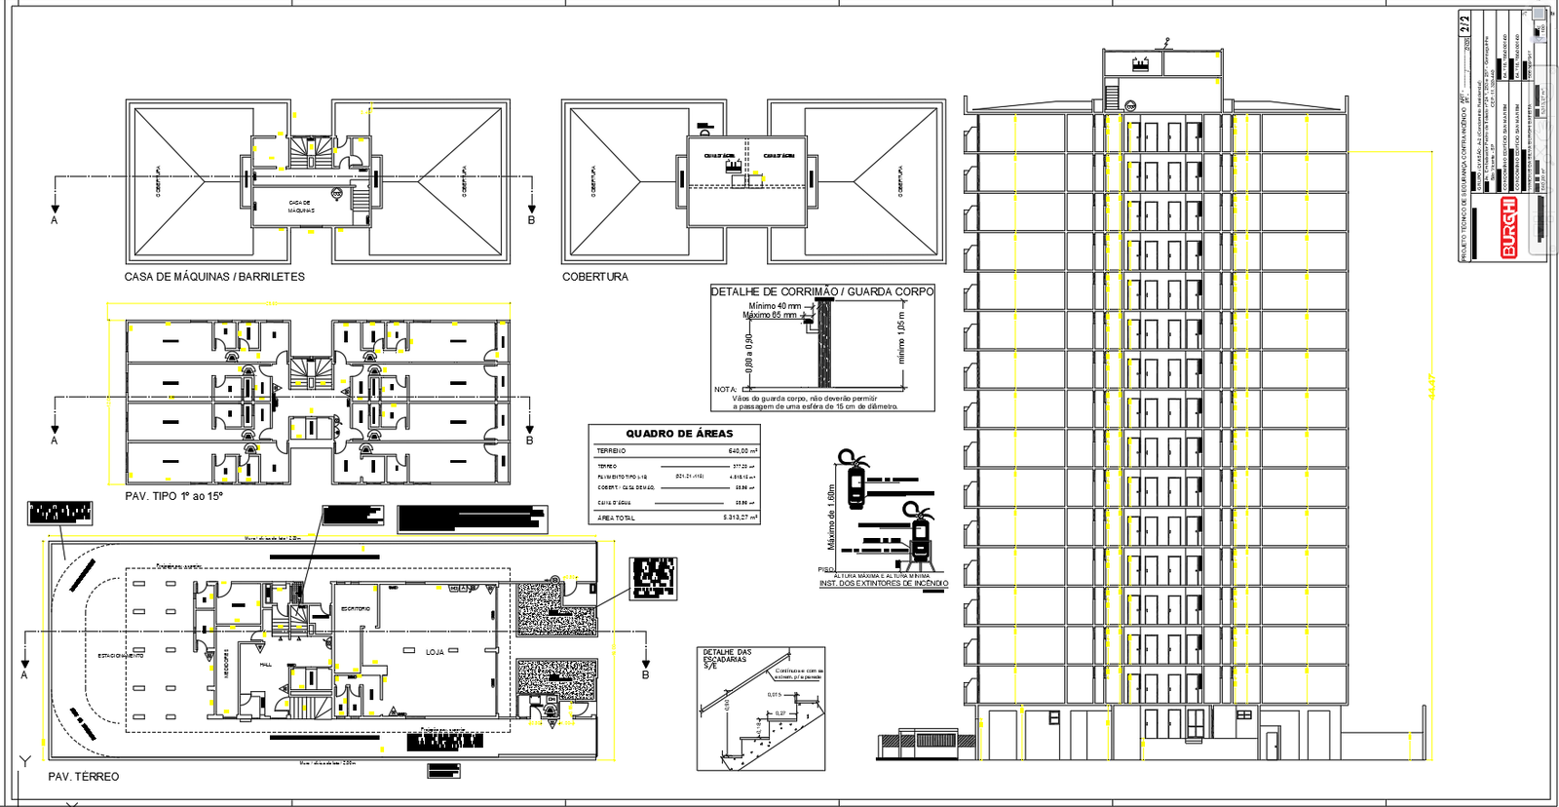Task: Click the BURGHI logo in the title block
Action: point(1509,227)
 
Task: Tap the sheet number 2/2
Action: point(1465,50)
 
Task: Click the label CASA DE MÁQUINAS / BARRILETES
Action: point(214,277)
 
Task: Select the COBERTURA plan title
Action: point(594,277)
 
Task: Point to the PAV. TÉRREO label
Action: point(84,777)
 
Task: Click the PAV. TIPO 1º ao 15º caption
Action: point(174,496)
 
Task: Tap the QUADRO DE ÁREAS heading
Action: point(679,434)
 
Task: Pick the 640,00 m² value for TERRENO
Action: point(742,451)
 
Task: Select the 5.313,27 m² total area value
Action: point(740,518)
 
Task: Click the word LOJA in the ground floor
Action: point(435,652)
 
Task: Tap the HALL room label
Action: point(265,665)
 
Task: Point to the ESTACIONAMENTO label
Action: point(121,656)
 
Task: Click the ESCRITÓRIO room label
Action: point(356,609)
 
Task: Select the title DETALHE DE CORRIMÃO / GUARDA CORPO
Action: point(821,291)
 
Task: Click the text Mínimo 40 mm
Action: point(775,306)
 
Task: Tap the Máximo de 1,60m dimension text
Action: point(831,517)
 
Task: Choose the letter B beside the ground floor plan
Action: point(645,674)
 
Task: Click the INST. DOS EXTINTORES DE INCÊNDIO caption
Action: point(883,583)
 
